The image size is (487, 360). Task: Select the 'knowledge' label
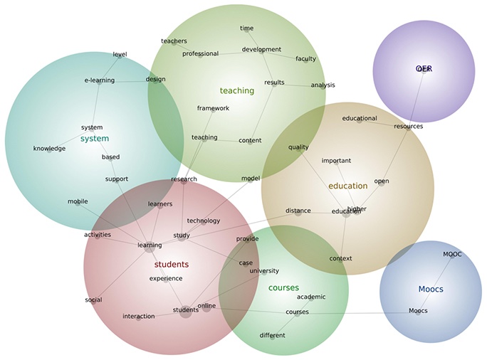coord(49,149)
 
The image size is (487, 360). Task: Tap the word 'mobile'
coord(78,201)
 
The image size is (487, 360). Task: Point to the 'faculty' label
coord(305,59)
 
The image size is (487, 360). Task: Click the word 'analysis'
coord(323,85)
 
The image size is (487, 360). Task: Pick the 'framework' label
coord(213,108)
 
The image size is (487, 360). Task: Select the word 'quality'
coord(298,148)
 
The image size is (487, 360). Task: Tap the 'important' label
coord(336,161)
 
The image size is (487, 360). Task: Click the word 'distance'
coord(298,211)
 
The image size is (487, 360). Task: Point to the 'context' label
coord(341,258)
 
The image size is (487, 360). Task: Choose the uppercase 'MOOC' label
coord(452,254)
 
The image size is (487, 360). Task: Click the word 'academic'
coord(311,297)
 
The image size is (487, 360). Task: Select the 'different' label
coord(272,335)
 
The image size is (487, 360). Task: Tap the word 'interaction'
coord(138,317)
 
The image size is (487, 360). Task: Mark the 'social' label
coord(93,300)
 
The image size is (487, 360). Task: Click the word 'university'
coord(264,270)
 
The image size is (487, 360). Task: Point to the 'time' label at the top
coord(246,28)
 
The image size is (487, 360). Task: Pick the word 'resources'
coord(408,126)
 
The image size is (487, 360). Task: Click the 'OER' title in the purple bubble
coord(424,69)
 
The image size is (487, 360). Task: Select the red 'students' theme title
coord(172,264)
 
